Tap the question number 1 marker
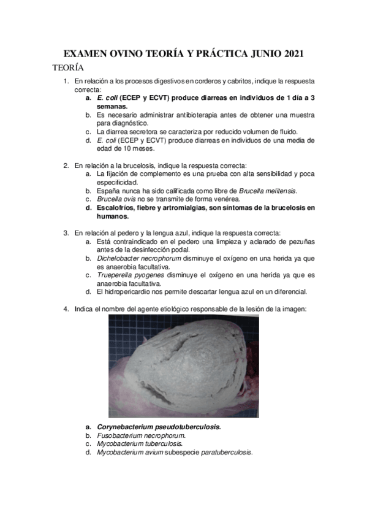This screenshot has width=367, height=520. pyautogui.click(x=67, y=80)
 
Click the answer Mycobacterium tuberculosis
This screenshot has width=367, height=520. pyautogui.click(x=139, y=444)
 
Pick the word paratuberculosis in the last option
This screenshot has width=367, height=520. pyautogui.click(x=224, y=453)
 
